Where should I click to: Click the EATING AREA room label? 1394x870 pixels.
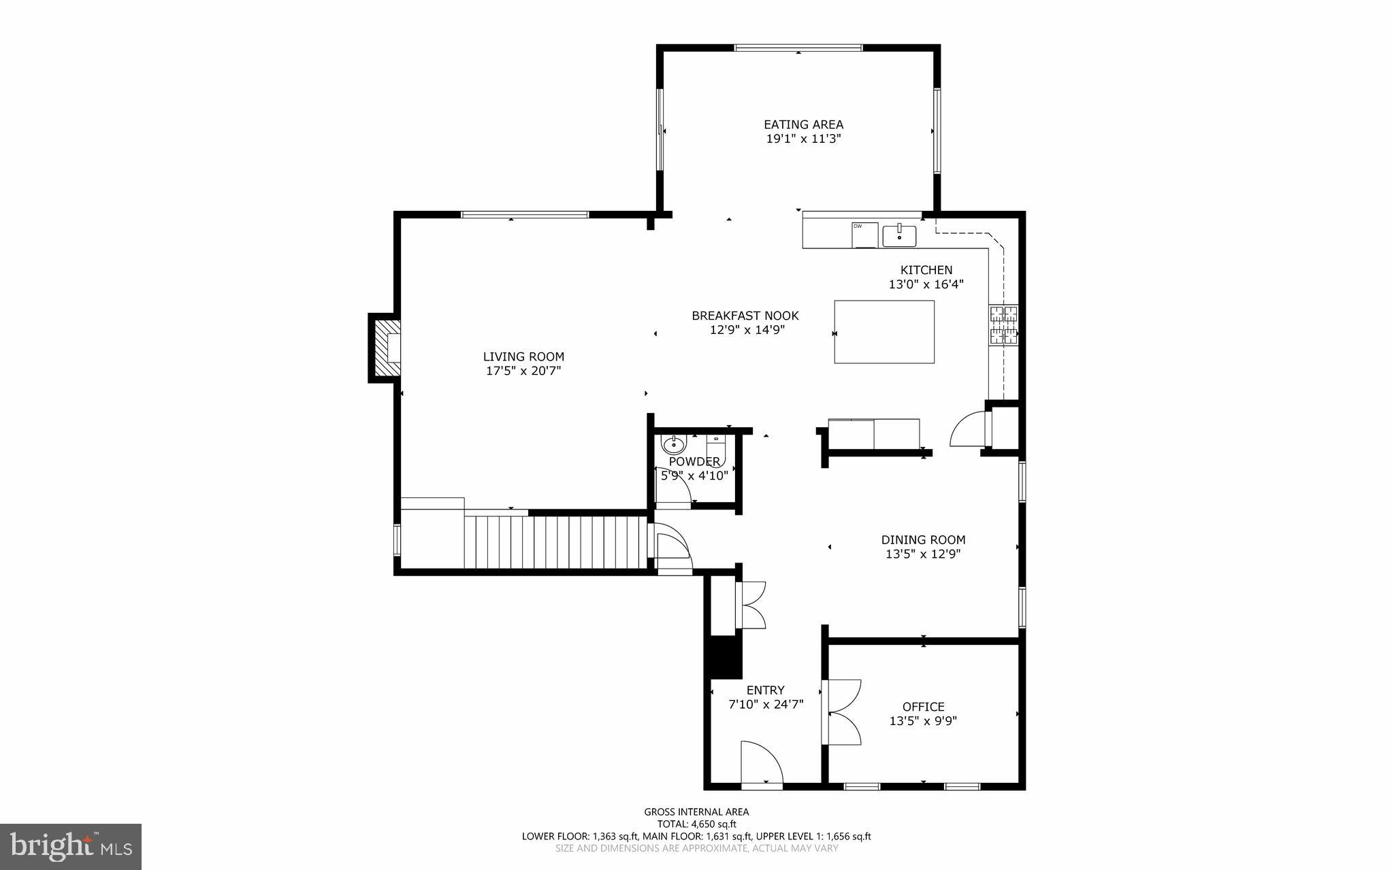coord(803,124)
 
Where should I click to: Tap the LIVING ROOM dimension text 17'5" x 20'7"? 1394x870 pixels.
coord(523,371)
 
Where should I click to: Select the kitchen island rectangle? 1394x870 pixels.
coord(884,332)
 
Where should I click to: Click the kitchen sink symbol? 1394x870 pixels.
coord(899,235)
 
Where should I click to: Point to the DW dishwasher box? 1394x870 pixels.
coord(865,235)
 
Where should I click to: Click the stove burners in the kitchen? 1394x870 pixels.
coord(1004,325)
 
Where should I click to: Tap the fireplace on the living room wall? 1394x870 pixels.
coord(386,348)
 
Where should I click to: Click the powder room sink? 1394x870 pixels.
coord(674,445)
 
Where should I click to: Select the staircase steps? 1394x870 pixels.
coord(555,541)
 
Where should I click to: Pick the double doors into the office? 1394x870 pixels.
coord(843,712)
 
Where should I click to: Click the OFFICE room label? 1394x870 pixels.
coord(923,707)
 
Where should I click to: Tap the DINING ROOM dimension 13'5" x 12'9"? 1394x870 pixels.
coord(923,554)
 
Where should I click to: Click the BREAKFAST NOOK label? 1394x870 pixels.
coord(745,316)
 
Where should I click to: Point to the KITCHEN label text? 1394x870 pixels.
coord(926,270)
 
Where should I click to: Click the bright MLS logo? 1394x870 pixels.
coord(71,846)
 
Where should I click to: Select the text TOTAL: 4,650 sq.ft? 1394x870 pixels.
coord(696,824)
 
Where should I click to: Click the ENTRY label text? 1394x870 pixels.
coord(765,690)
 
